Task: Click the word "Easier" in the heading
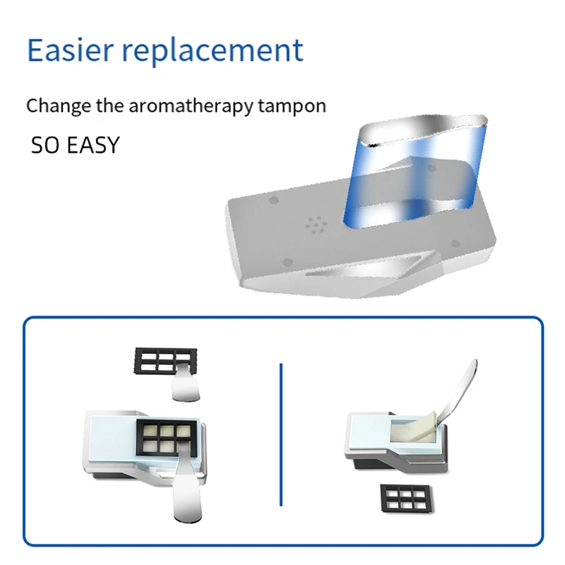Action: click(70, 49)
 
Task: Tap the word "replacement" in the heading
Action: click(213, 51)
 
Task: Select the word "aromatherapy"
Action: click(191, 107)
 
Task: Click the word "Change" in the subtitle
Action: click(59, 107)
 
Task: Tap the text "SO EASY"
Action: click(75, 145)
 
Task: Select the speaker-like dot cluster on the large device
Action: click(316, 225)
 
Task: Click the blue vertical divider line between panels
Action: click(281, 435)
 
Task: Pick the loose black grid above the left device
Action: click(165, 361)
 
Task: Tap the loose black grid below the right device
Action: click(407, 499)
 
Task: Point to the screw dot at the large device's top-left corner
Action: click(274, 200)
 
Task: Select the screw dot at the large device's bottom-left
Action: click(287, 262)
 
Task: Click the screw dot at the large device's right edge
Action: click(456, 244)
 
